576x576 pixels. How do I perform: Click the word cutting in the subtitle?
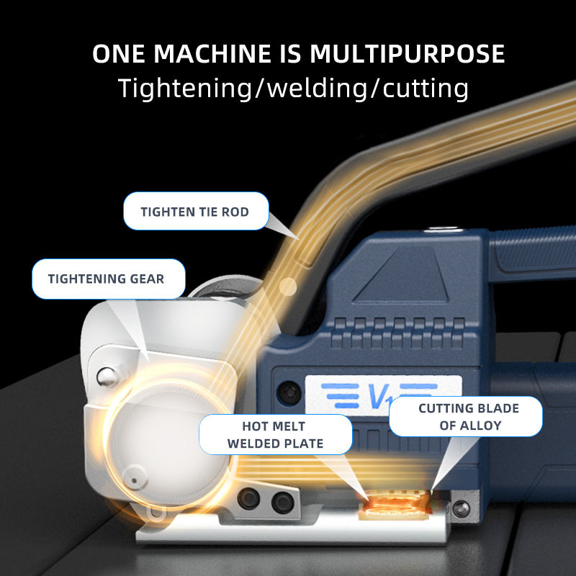click(x=426, y=88)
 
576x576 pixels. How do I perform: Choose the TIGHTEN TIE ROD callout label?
click(x=195, y=212)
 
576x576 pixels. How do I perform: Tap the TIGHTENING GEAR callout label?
click(x=106, y=279)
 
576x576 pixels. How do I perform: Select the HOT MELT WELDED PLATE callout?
click(x=274, y=434)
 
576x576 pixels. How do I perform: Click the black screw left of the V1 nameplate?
click(x=290, y=392)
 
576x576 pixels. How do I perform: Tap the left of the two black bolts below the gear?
click(x=253, y=496)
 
